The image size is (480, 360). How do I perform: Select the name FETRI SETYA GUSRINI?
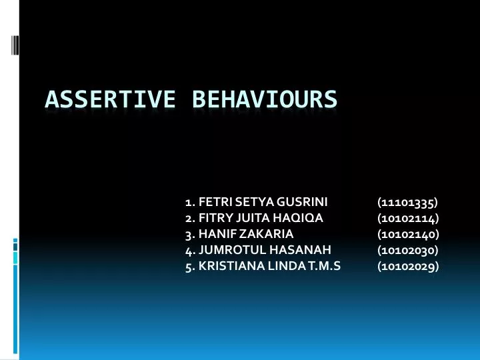(263, 201)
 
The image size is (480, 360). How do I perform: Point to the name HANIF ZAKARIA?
(246, 233)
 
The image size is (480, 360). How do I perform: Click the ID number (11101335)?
(407, 201)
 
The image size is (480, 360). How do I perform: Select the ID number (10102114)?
(407, 217)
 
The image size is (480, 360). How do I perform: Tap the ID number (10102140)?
(407, 233)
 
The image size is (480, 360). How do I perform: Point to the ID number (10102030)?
(407, 250)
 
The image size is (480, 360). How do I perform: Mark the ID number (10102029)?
(407, 266)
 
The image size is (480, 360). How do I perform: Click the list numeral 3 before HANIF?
(189, 233)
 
